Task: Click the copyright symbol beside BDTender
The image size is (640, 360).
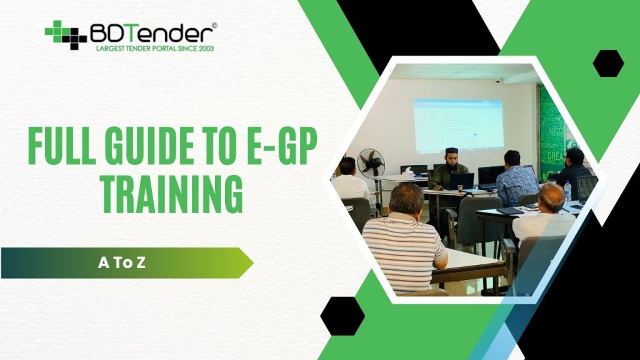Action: click(x=214, y=26)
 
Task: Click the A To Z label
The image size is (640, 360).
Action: click(x=122, y=262)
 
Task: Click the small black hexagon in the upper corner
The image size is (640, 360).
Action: click(x=608, y=63)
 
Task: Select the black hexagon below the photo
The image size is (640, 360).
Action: click(x=342, y=316)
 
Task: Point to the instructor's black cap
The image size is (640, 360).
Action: click(x=452, y=152)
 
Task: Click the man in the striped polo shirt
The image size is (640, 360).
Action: click(x=404, y=244)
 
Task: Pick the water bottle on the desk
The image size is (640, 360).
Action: click(x=567, y=192)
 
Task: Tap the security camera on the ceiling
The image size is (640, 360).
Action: click(x=498, y=81)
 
